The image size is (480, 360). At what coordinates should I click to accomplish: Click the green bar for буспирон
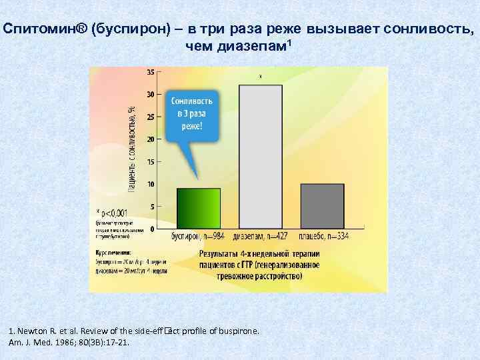tap(198, 209)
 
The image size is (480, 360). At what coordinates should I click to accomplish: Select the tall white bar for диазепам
tap(261, 157)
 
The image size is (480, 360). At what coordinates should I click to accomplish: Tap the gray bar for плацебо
tap(322, 206)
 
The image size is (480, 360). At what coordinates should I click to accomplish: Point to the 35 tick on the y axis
tap(149, 72)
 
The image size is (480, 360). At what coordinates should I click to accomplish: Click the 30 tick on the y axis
tap(149, 95)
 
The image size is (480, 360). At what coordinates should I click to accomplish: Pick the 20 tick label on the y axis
tap(149, 139)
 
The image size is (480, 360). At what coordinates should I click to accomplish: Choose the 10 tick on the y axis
tap(149, 184)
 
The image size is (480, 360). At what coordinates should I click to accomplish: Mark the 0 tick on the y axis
tap(151, 229)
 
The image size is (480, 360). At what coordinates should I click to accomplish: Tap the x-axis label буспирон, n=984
tap(198, 236)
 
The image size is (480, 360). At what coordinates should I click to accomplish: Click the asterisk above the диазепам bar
tap(260, 77)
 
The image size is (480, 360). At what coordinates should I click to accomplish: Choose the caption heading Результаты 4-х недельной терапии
tap(260, 254)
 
